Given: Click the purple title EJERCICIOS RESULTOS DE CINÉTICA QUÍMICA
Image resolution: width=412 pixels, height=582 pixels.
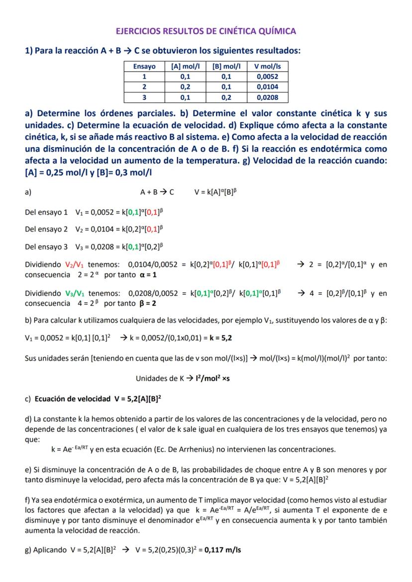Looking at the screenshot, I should click(206, 31).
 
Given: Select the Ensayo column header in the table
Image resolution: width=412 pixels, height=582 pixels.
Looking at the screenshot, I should click(144, 66).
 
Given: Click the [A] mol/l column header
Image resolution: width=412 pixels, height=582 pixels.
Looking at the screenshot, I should click(185, 66).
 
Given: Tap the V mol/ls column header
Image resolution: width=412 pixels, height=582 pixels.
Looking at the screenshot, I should click(268, 66).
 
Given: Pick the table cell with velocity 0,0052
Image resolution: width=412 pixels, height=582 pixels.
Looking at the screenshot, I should click(268, 77).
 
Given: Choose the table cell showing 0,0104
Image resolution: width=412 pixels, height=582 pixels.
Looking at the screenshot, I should click(268, 87).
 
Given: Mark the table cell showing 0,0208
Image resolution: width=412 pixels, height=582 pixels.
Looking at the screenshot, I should click(268, 97).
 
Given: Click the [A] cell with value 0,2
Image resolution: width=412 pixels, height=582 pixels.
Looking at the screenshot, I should click(185, 87).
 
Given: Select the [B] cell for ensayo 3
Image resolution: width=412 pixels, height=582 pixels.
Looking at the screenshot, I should click(226, 97).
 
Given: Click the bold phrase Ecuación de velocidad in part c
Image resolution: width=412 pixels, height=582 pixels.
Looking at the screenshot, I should click(73, 399).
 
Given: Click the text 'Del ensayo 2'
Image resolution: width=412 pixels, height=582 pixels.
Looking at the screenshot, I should click(46, 229).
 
